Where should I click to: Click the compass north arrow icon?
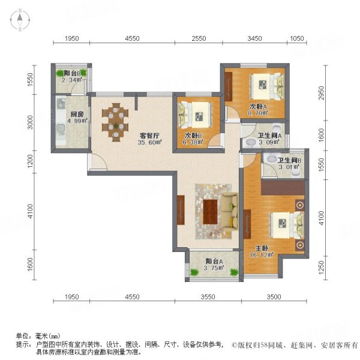(x=19, y=20)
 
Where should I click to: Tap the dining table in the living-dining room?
(x=116, y=121)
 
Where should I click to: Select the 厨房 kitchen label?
(x=76, y=114)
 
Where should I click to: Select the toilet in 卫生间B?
(x=272, y=160)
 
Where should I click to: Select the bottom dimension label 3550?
(x=208, y=296)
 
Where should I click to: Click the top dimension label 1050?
(x=297, y=38)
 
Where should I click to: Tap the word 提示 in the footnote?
(x=23, y=344)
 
